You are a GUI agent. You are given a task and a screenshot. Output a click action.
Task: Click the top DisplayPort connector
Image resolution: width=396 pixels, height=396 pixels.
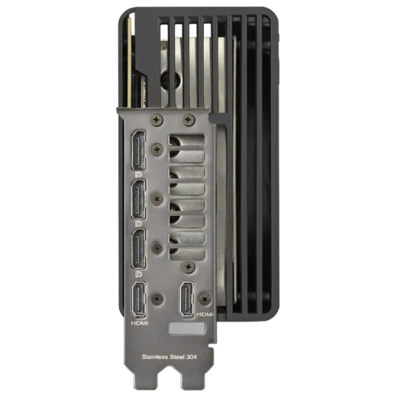click(x=138, y=150)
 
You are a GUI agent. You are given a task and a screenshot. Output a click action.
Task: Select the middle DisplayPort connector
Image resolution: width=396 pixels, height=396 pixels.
click(x=138, y=199)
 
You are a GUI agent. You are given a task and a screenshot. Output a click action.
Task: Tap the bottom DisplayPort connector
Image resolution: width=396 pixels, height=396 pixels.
click(x=138, y=249)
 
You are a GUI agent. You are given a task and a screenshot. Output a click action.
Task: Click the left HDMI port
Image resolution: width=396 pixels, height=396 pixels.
click(x=139, y=300)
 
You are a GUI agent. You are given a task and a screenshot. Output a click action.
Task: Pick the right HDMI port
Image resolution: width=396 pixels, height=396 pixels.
click(x=187, y=300)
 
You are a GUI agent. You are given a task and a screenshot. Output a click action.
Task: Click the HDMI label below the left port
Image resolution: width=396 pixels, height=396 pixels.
click(x=140, y=323)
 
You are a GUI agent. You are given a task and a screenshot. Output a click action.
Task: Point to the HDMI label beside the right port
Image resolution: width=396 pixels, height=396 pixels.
click(x=205, y=314)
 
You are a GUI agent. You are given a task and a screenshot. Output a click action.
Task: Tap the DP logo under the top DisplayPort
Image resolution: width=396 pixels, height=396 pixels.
click(x=139, y=174)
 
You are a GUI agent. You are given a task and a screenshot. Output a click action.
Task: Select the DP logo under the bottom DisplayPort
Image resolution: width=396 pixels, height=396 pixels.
click(x=139, y=274)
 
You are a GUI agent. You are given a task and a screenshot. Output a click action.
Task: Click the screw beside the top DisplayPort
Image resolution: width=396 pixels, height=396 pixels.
click(x=157, y=150)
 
